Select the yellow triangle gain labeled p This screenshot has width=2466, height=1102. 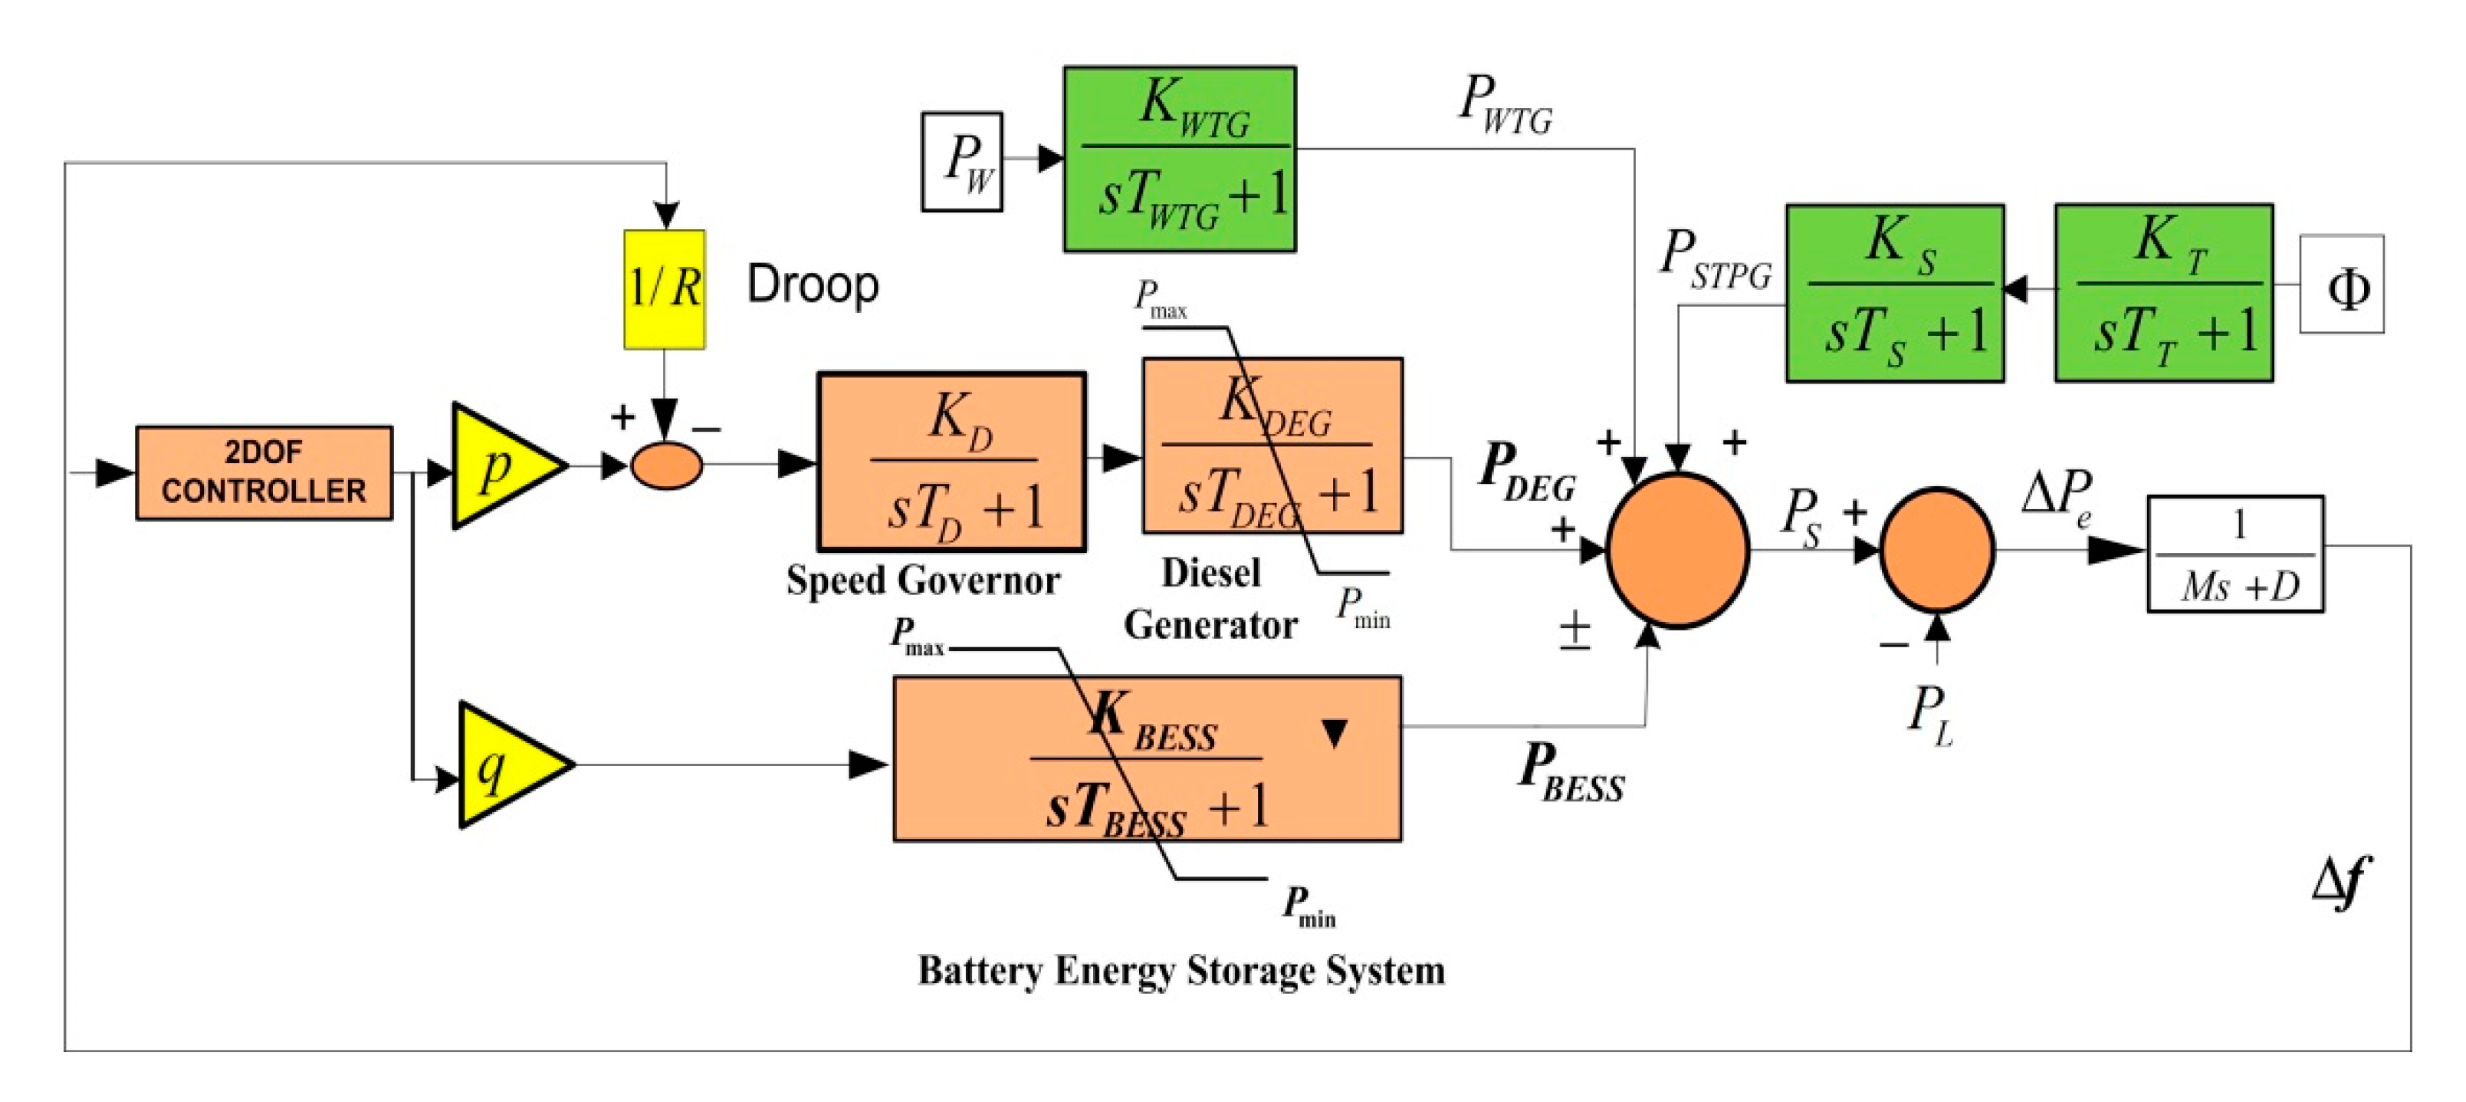[x=500, y=466]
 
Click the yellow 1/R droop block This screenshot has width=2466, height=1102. [x=665, y=288]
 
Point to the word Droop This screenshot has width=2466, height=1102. [x=812, y=285]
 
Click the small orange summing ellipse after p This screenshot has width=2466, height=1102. [x=666, y=466]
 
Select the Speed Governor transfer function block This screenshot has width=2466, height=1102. [x=951, y=462]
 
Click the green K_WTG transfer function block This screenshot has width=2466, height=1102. [x=1180, y=159]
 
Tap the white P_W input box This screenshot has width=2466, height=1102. [x=962, y=161]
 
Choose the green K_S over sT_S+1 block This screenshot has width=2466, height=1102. [x=1894, y=293]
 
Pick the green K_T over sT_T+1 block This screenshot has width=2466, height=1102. [x=2163, y=293]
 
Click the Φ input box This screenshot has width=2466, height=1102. [x=2342, y=285]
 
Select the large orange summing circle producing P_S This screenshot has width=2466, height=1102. [x=1678, y=551]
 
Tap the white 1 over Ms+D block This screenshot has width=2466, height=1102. [x=2235, y=554]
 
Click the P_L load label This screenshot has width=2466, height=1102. [x=1930, y=713]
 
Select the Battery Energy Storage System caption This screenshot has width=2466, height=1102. [x=1180, y=970]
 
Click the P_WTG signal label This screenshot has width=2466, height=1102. [x=1504, y=104]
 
